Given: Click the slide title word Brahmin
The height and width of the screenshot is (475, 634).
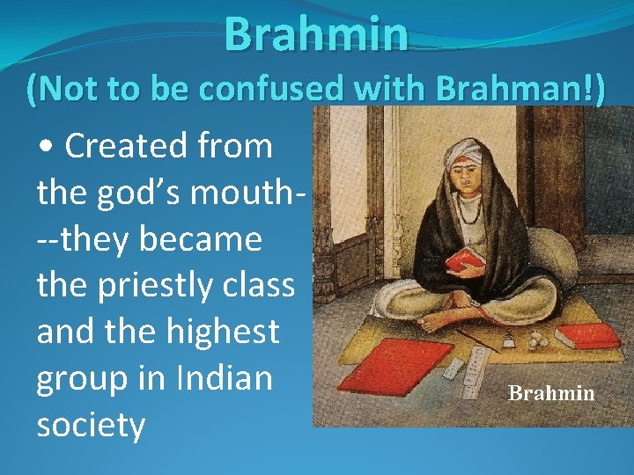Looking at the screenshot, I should (316, 34).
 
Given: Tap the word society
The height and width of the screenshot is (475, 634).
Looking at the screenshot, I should (91, 426).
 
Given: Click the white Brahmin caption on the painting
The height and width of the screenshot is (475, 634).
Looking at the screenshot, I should (551, 393).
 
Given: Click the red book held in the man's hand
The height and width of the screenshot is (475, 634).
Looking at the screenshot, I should (465, 258).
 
